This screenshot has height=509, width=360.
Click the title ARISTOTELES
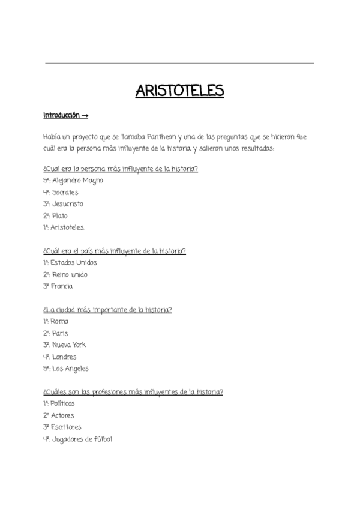coord(179,91)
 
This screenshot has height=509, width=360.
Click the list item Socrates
coord(65,193)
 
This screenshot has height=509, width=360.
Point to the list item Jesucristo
coord(67,204)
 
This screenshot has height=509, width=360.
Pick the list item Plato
coord(59,216)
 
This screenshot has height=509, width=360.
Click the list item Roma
coord(60,322)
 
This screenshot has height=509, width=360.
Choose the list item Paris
coord(60,333)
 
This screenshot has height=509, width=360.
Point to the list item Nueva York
coord(69,345)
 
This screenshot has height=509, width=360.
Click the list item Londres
coord(64,357)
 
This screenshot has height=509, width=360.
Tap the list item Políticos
coord(63,404)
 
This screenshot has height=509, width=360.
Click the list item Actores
coord(63,415)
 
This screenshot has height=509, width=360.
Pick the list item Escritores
coord(66,427)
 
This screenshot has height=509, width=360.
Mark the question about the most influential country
coord(115,251)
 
